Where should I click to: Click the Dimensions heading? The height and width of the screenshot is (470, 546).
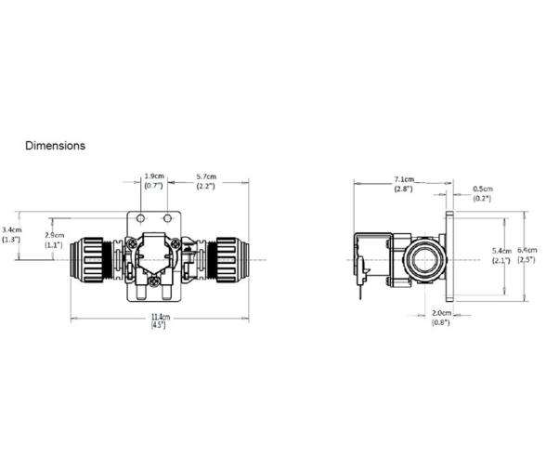55,146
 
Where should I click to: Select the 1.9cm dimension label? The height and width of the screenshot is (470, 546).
153,176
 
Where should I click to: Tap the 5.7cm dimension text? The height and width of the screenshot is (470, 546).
205,176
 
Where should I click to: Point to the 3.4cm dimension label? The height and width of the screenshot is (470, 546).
12,228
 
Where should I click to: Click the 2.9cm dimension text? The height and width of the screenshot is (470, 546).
56,235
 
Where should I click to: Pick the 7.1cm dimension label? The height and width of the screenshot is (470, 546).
403,178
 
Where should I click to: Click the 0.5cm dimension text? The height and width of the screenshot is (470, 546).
483,189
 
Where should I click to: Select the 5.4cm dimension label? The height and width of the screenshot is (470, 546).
498,252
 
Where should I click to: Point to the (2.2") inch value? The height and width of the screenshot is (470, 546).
205,187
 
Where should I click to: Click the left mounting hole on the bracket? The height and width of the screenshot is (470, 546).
138,217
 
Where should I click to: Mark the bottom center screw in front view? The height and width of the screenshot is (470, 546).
153,277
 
